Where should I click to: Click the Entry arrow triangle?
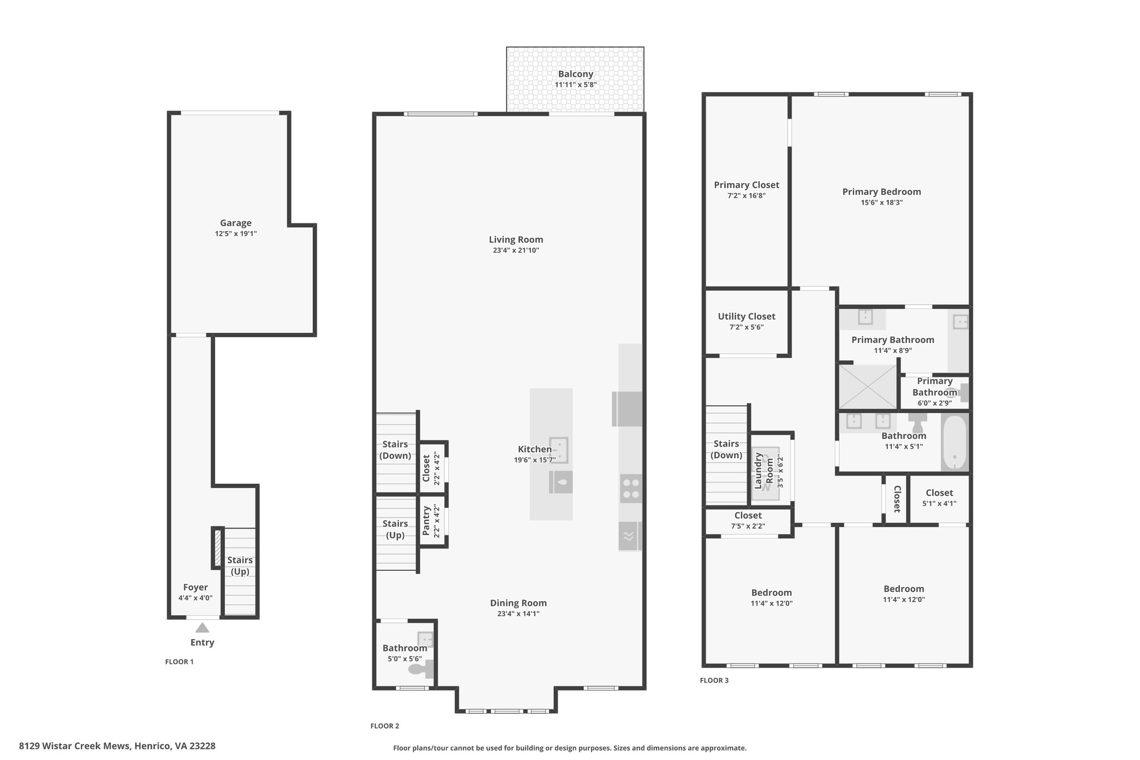click(202, 627)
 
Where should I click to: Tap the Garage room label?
click(235, 223)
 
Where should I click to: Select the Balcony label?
click(576, 74)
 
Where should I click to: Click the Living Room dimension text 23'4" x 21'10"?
click(516, 251)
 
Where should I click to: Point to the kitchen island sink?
click(558, 450)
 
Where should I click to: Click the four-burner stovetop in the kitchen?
click(631, 488)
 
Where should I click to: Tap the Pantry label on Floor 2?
click(426, 521)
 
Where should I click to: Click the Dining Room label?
click(518, 603)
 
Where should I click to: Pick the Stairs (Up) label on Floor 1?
click(240, 566)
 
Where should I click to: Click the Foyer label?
click(195, 587)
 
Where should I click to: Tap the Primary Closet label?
click(746, 185)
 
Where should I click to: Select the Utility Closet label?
click(746, 316)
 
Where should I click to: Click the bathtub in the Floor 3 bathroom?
click(955, 443)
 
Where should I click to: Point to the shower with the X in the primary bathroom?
click(868, 386)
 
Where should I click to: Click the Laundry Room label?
click(764, 471)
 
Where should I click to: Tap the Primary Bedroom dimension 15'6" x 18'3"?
click(882, 203)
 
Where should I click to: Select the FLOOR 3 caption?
click(714, 680)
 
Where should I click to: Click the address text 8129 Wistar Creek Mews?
click(75, 746)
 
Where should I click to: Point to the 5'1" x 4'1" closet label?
click(940, 503)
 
